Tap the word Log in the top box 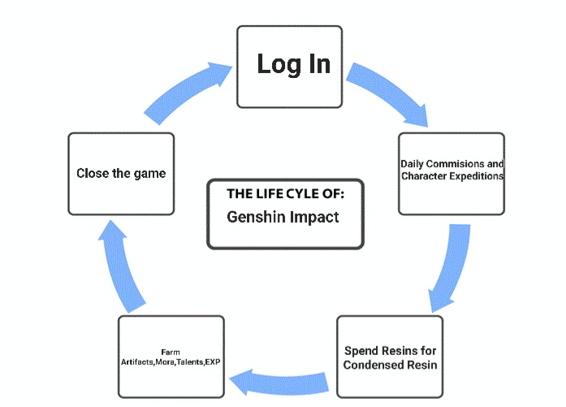274,63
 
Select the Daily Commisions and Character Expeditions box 451,173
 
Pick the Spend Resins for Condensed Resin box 389,357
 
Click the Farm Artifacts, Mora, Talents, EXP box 170,357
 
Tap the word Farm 170,351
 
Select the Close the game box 121,173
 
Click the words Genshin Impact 283,219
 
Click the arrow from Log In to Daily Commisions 387,97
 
